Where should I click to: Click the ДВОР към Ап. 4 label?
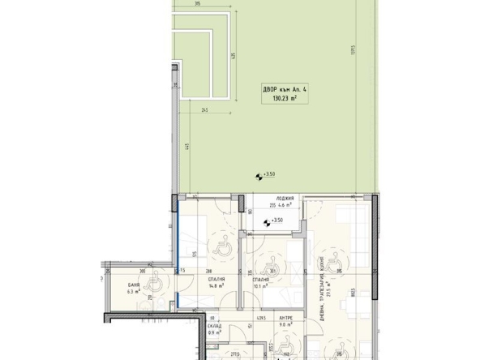279,90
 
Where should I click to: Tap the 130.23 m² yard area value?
279,101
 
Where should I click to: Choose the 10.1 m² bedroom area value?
260,285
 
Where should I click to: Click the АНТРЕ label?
285,319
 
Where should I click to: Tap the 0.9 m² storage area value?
214,332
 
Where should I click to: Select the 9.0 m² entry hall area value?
285,326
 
